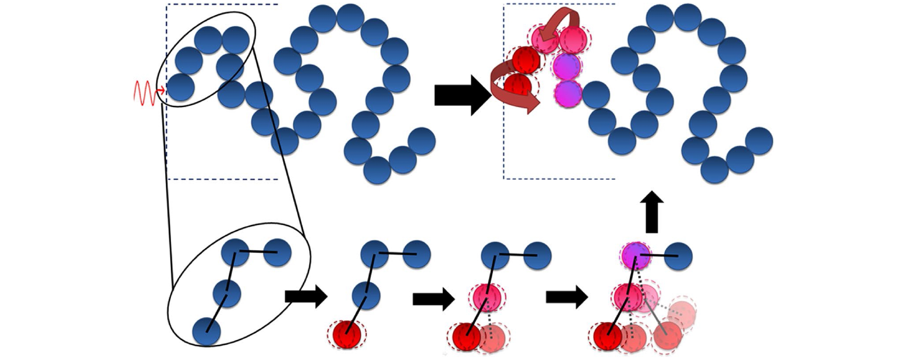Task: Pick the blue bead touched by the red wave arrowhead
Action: pyautogui.click(x=180, y=87)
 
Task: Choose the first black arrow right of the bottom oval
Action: pyautogui.click(x=305, y=297)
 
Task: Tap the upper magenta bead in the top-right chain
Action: pyautogui.click(x=567, y=66)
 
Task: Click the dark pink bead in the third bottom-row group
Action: pyautogui.click(x=487, y=298)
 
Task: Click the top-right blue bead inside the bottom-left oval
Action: pyautogui.click(x=278, y=252)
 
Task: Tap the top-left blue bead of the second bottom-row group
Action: pyautogui.click(x=375, y=254)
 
